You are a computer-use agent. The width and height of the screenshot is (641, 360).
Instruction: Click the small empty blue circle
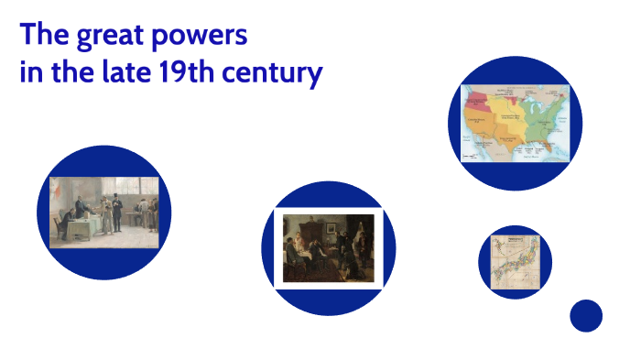coord(585,316)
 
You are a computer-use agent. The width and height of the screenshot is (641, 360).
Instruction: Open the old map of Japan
coord(514,262)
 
